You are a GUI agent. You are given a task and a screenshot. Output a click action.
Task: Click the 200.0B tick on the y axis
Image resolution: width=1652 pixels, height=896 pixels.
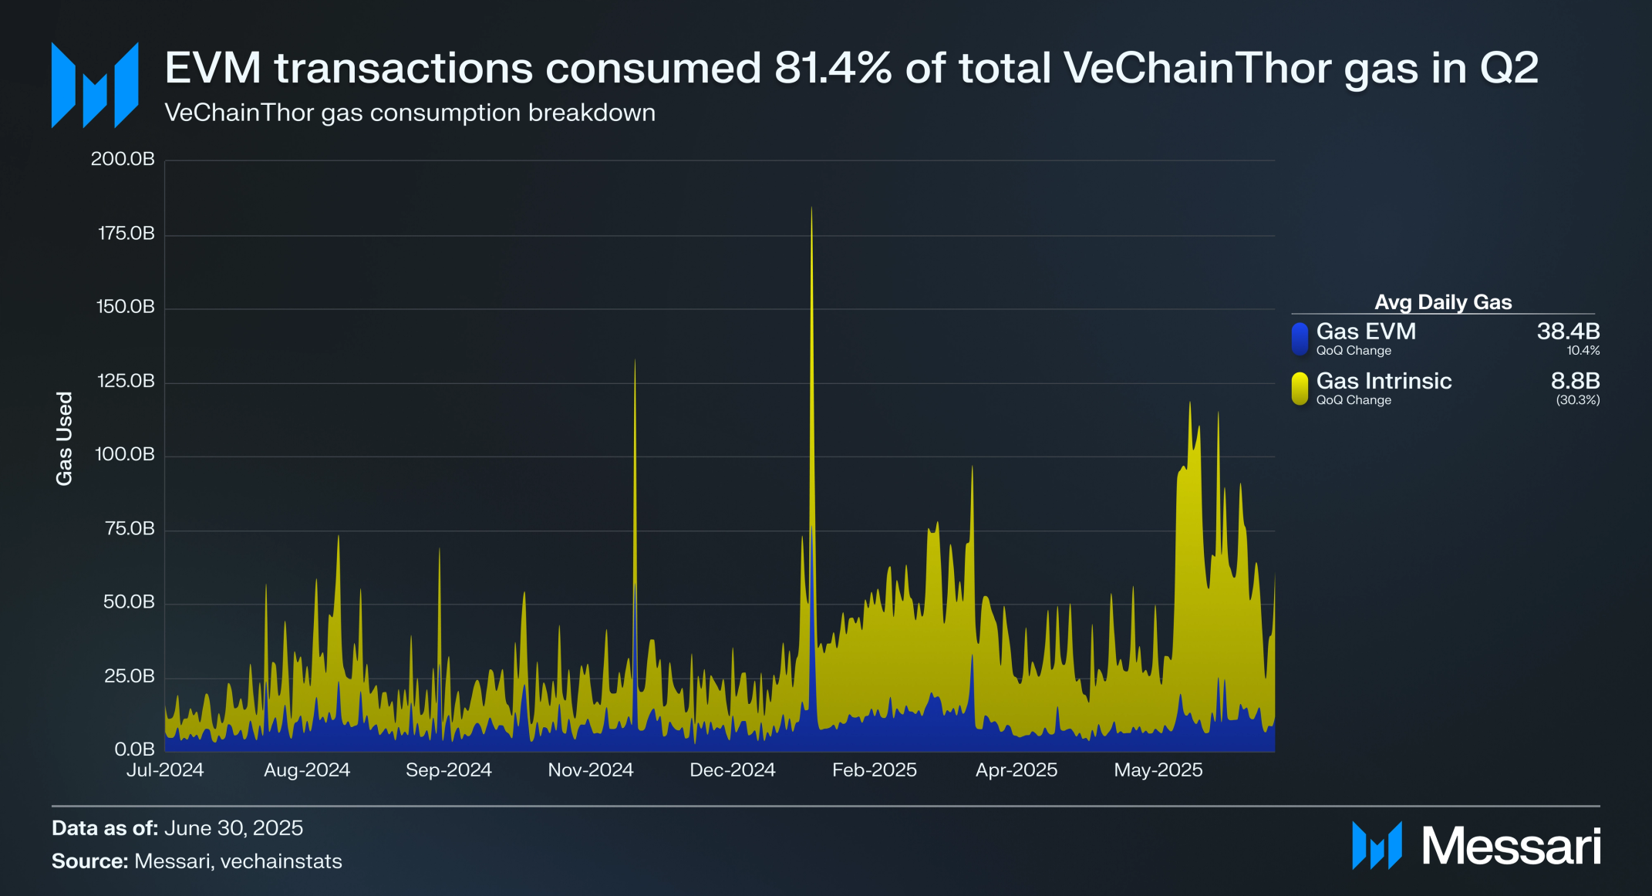pyautogui.click(x=123, y=159)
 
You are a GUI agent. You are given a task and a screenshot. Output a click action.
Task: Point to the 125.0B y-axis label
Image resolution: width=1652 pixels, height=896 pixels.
pyautogui.click(x=125, y=381)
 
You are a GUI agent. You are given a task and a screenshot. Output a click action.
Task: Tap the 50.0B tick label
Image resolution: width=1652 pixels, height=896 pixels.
pyautogui.click(x=129, y=602)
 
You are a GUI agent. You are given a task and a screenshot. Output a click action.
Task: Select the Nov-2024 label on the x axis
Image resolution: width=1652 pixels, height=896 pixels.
pyautogui.click(x=590, y=770)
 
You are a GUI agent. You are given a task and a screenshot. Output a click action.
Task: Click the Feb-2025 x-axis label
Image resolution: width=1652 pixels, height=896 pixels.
pyautogui.click(x=874, y=770)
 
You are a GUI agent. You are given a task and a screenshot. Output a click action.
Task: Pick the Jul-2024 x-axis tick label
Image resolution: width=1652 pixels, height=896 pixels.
pyautogui.click(x=165, y=770)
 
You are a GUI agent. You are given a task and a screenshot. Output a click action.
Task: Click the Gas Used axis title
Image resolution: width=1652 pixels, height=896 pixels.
pyautogui.click(x=64, y=438)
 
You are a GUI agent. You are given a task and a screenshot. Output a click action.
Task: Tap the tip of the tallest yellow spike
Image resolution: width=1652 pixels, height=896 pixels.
pyautogui.click(x=811, y=208)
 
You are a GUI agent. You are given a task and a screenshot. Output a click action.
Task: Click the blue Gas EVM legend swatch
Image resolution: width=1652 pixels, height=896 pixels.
pyautogui.click(x=1300, y=339)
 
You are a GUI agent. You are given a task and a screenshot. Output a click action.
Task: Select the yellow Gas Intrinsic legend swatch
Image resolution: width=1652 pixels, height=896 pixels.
pyautogui.click(x=1300, y=388)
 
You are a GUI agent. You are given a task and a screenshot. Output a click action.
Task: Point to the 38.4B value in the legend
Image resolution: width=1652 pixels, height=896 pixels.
pyautogui.click(x=1568, y=332)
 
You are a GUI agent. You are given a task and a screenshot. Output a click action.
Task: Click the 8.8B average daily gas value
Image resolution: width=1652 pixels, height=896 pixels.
pyautogui.click(x=1575, y=381)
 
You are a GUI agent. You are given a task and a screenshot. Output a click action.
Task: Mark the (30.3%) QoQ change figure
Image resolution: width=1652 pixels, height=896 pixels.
pyautogui.click(x=1577, y=400)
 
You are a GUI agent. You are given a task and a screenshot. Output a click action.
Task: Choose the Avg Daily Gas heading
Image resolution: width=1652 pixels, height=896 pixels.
pyautogui.click(x=1443, y=302)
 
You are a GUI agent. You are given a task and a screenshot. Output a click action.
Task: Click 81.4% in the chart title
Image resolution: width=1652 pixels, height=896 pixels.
pyautogui.click(x=833, y=68)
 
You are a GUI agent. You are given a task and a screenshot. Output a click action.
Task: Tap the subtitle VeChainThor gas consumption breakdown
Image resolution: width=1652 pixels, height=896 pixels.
pyautogui.click(x=410, y=113)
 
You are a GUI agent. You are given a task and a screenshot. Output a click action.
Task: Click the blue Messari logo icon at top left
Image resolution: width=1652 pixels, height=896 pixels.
pyautogui.click(x=95, y=85)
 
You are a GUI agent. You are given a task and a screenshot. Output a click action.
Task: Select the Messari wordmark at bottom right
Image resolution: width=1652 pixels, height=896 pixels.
pyautogui.click(x=1510, y=846)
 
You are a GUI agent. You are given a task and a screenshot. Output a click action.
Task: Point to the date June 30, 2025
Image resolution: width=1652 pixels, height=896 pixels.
pyautogui.click(x=234, y=828)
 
